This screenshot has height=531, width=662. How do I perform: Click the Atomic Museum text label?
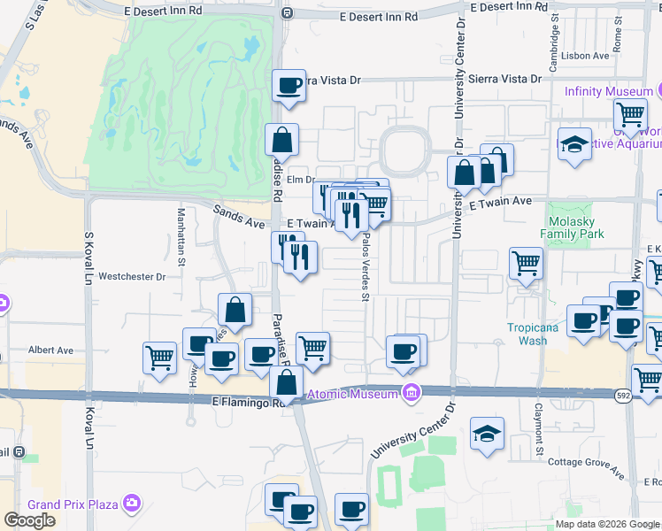click(351, 394)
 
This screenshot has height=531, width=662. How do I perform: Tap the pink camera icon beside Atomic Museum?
click(410, 393)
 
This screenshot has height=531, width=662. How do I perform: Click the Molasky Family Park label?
click(576, 227)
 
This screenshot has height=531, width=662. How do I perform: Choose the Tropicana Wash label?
click(533, 334)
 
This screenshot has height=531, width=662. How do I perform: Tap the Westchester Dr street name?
click(132, 276)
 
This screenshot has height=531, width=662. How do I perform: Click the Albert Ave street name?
click(50, 350)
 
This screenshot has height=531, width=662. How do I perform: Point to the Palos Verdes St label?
click(364, 270)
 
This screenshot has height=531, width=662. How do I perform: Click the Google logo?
click(29, 520)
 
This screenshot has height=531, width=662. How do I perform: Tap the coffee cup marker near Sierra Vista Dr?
click(289, 86)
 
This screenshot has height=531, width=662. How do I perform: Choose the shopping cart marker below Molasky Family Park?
click(526, 263)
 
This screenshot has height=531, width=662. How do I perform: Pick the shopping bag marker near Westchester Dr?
click(235, 310)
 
